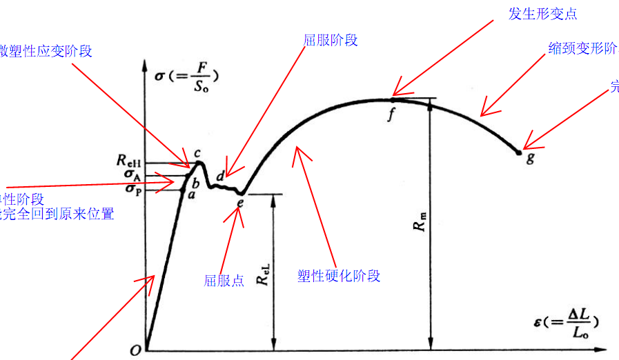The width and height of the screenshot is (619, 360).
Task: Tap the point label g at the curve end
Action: pyautogui.click(x=529, y=158)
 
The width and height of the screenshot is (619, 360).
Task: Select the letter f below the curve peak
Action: pyautogui.click(x=391, y=114)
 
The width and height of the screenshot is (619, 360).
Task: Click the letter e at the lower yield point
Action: pyautogui.click(x=239, y=203)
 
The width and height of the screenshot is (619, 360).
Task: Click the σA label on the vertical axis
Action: pyautogui.click(x=132, y=175)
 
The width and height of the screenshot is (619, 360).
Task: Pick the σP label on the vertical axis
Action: pyautogui.click(x=132, y=188)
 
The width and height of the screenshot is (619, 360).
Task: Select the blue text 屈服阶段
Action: pyautogui.click(x=331, y=40)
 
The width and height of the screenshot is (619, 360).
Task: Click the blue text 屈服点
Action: pyautogui.click(x=224, y=281)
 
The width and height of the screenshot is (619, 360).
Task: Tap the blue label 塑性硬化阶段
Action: pyautogui.click(x=339, y=276)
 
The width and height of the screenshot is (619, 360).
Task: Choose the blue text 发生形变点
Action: pyautogui.click(x=542, y=14)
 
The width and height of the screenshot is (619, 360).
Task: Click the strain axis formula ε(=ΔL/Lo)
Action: pyautogui.click(x=566, y=323)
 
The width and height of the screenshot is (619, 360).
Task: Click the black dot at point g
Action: pyautogui.click(x=520, y=151)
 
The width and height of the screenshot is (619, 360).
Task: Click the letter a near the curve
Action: pyautogui.click(x=191, y=195)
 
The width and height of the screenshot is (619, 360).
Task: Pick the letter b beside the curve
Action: pyautogui.click(x=195, y=183)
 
